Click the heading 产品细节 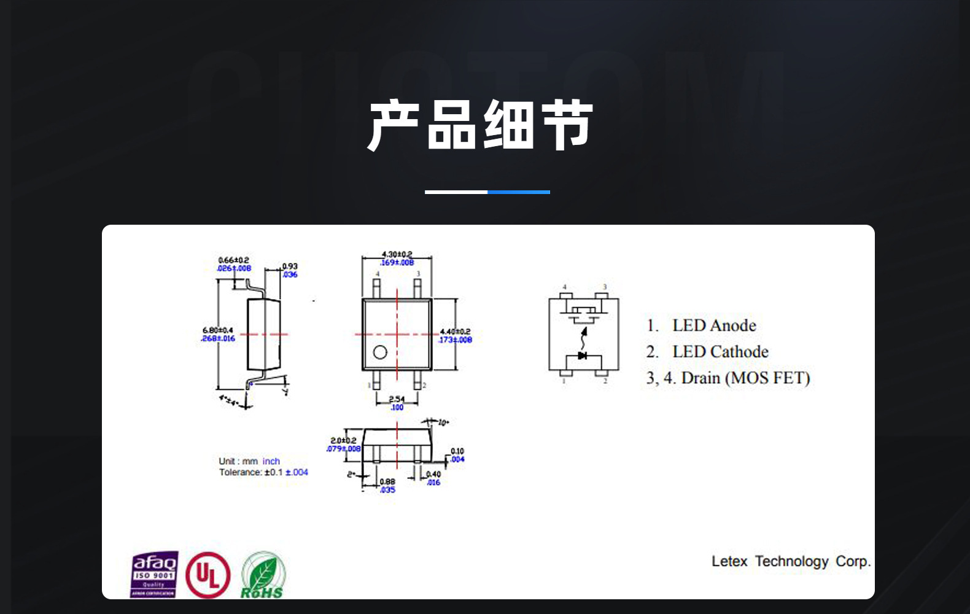[480, 125]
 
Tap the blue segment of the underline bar [519, 192]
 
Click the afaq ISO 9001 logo [154, 574]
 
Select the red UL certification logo [208, 575]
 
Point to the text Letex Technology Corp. [791, 561]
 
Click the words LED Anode [714, 325]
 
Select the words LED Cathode [720, 352]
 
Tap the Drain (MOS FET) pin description [745, 378]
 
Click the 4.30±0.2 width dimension [397, 254]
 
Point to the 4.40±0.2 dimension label [455, 332]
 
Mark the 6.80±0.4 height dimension [218, 330]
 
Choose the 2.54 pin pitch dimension [397, 399]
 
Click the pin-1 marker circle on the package [380, 352]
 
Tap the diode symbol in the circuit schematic [582, 355]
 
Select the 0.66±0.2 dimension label [234, 260]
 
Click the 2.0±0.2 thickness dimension [343, 440]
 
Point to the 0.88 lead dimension [387, 482]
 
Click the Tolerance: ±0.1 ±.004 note [263, 472]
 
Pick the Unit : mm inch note [249, 461]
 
